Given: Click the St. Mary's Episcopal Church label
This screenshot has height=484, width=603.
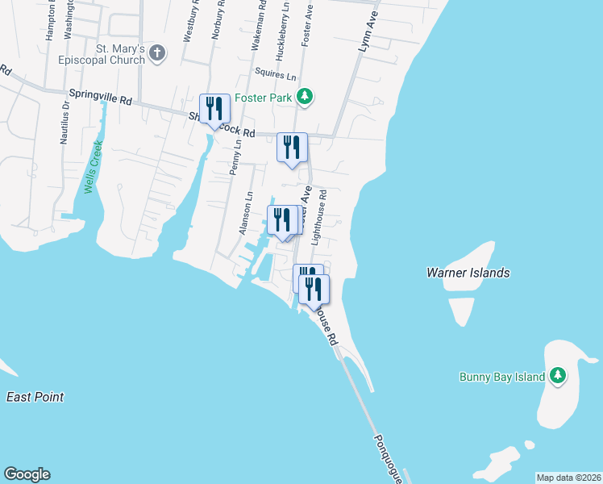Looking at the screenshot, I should point(101,54).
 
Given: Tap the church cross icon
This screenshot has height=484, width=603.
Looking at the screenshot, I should point(158,54).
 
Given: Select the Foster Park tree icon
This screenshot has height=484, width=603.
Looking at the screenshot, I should point(304,98).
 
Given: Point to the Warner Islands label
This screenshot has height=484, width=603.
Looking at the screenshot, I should point(468,273).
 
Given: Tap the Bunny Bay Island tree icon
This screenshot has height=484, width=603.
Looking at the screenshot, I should point(558,376).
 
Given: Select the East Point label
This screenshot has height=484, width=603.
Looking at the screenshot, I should point(35,397).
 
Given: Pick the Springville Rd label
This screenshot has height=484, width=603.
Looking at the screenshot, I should point(100,98).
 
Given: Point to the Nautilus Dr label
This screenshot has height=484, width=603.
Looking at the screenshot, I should point(64,123).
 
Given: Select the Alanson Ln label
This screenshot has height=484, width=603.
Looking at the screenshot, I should point(245,213).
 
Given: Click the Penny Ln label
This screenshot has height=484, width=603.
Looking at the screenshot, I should point(235,157).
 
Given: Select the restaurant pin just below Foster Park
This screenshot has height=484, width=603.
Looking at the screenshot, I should point(292,148).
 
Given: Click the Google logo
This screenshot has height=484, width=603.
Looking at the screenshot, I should point(27,474).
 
